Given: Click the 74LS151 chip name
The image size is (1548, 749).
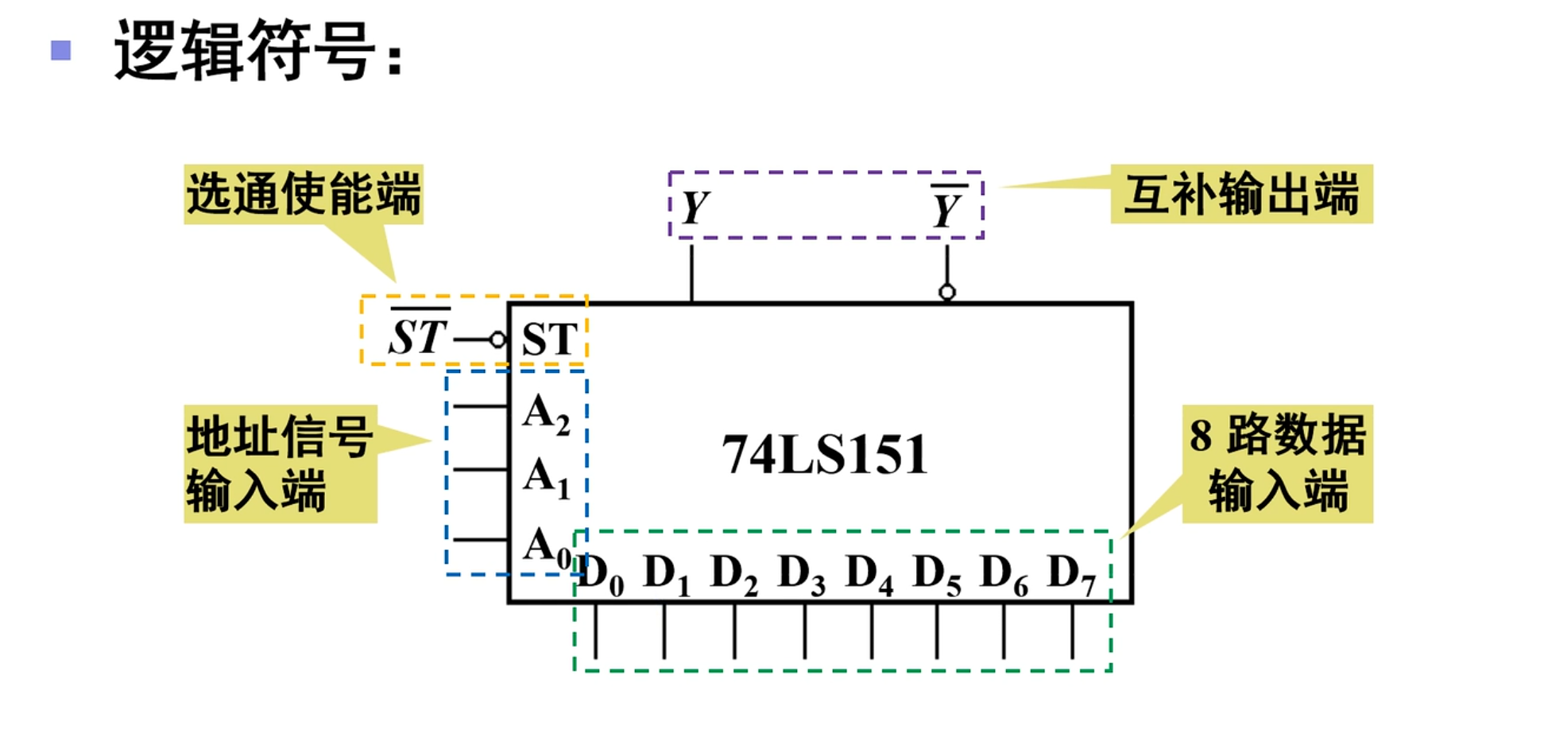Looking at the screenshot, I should click(x=824, y=455).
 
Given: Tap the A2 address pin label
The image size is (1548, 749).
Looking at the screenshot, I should click(x=546, y=413).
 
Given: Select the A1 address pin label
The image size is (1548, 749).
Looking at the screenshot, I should click(x=546, y=477).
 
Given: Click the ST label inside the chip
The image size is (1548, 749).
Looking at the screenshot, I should click(x=549, y=340).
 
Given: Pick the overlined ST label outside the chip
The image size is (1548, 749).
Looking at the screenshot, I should click(x=418, y=335).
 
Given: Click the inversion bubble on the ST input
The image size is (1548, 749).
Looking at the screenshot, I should click(x=497, y=340).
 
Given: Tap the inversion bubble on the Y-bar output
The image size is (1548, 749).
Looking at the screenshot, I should click(x=946, y=292).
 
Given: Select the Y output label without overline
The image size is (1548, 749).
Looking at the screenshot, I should click(x=695, y=208).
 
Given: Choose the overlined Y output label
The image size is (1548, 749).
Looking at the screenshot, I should click(x=946, y=208).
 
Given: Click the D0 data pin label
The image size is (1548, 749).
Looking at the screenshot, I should click(x=600, y=574).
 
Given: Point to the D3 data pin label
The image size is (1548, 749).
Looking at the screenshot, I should click(x=801, y=574).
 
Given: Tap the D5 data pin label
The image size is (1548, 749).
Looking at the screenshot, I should click(x=936, y=574).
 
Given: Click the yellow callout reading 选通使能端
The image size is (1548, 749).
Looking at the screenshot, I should click(x=304, y=194).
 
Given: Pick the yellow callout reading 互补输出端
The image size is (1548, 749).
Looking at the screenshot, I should click(x=1240, y=194).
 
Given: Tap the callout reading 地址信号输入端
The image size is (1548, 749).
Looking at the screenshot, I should click(x=280, y=464).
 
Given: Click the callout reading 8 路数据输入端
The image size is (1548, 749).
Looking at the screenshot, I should click(x=1277, y=464).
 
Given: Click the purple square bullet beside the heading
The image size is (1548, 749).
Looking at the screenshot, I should click(x=61, y=51).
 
